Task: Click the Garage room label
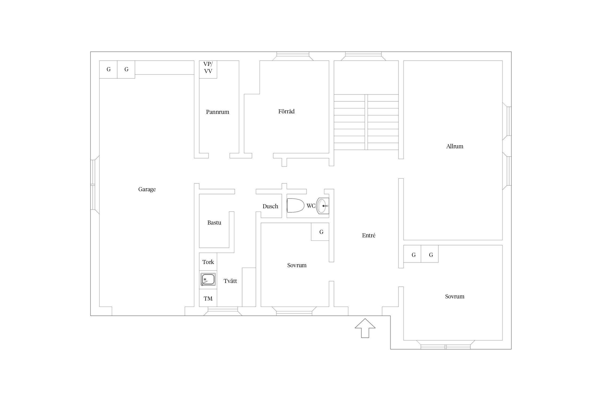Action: (147, 189)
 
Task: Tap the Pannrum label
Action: (218, 112)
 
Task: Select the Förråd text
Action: (286, 111)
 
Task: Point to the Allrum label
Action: (455, 146)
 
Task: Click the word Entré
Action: (369, 235)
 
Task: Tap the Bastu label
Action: (214, 223)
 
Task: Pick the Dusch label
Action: (270, 206)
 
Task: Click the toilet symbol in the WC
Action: (295, 206)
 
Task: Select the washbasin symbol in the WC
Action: (322, 206)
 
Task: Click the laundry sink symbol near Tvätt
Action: (208, 279)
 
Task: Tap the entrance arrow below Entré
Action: (365, 328)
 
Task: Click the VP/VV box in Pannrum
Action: (208, 69)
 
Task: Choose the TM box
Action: (208, 298)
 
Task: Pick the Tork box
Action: (208, 262)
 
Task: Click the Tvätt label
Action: (230, 281)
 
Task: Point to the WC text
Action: (311, 206)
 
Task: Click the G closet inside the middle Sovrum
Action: (320, 232)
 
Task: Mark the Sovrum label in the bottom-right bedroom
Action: (455, 297)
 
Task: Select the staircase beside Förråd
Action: (366, 122)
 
